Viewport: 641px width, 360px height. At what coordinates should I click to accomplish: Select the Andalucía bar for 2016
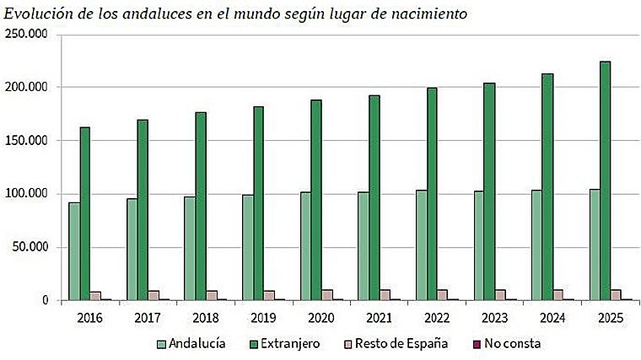pos(74,251)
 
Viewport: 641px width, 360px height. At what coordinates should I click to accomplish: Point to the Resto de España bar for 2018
pos(212,295)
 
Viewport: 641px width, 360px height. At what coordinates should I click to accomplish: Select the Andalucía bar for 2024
pos(536,245)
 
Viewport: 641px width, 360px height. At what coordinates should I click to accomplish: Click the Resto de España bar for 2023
pos(501,295)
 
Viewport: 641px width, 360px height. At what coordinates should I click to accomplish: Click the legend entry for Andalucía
pos(191,344)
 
